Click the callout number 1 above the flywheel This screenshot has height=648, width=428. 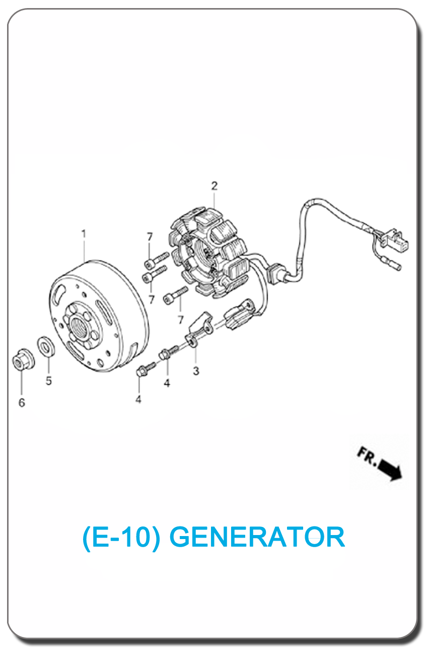pyautogui.click(x=84, y=234)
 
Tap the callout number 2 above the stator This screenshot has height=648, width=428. pyautogui.click(x=215, y=186)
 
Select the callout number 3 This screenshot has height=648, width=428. pyautogui.click(x=196, y=371)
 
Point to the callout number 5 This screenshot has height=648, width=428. pyautogui.click(x=49, y=381)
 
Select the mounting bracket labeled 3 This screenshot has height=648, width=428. pyautogui.click(x=198, y=330)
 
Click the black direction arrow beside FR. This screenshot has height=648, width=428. pyautogui.click(x=391, y=469)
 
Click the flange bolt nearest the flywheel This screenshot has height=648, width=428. pyautogui.click(x=141, y=372)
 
